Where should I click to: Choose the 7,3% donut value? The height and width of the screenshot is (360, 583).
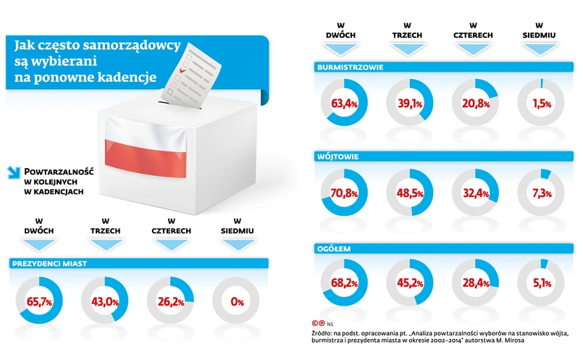click(x=540, y=193)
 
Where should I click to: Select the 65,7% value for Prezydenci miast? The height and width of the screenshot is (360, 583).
click(x=41, y=302)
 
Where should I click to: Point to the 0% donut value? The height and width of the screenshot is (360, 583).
click(x=237, y=302)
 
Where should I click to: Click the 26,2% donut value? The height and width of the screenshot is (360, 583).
click(x=171, y=302)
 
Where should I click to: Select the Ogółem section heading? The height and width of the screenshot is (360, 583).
click(x=334, y=248)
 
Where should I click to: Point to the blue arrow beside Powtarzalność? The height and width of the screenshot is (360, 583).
click(x=12, y=173)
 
